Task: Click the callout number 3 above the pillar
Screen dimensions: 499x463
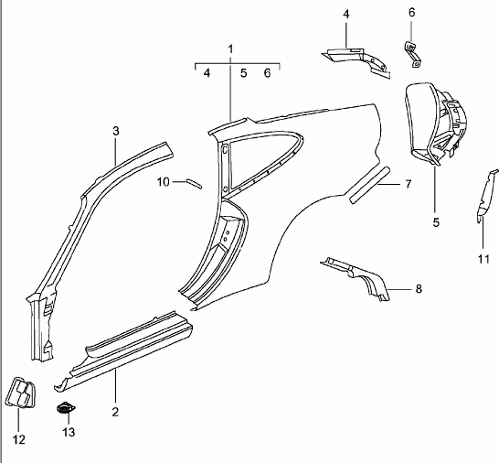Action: click(116, 131)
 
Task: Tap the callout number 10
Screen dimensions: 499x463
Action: click(164, 182)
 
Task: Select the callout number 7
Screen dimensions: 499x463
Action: click(408, 184)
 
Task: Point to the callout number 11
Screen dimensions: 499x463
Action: click(483, 259)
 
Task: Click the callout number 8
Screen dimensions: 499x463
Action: click(419, 289)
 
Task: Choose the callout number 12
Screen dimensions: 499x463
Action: click(19, 440)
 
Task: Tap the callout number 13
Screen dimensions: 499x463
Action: click(69, 433)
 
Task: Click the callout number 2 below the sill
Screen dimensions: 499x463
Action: click(115, 412)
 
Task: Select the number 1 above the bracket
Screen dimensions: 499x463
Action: click(230, 49)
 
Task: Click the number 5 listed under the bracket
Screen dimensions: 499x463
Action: click(243, 73)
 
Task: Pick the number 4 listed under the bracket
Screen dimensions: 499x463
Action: click(207, 73)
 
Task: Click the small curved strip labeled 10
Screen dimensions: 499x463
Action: click(194, 184)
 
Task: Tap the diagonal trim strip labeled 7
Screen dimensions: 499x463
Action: click(370, 185)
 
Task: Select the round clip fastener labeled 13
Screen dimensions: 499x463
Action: click(66, 408)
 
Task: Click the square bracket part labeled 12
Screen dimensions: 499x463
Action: click(21, 393)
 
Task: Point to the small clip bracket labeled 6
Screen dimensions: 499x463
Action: click(413, 54)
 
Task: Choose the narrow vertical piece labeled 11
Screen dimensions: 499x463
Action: click(486, 197)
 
